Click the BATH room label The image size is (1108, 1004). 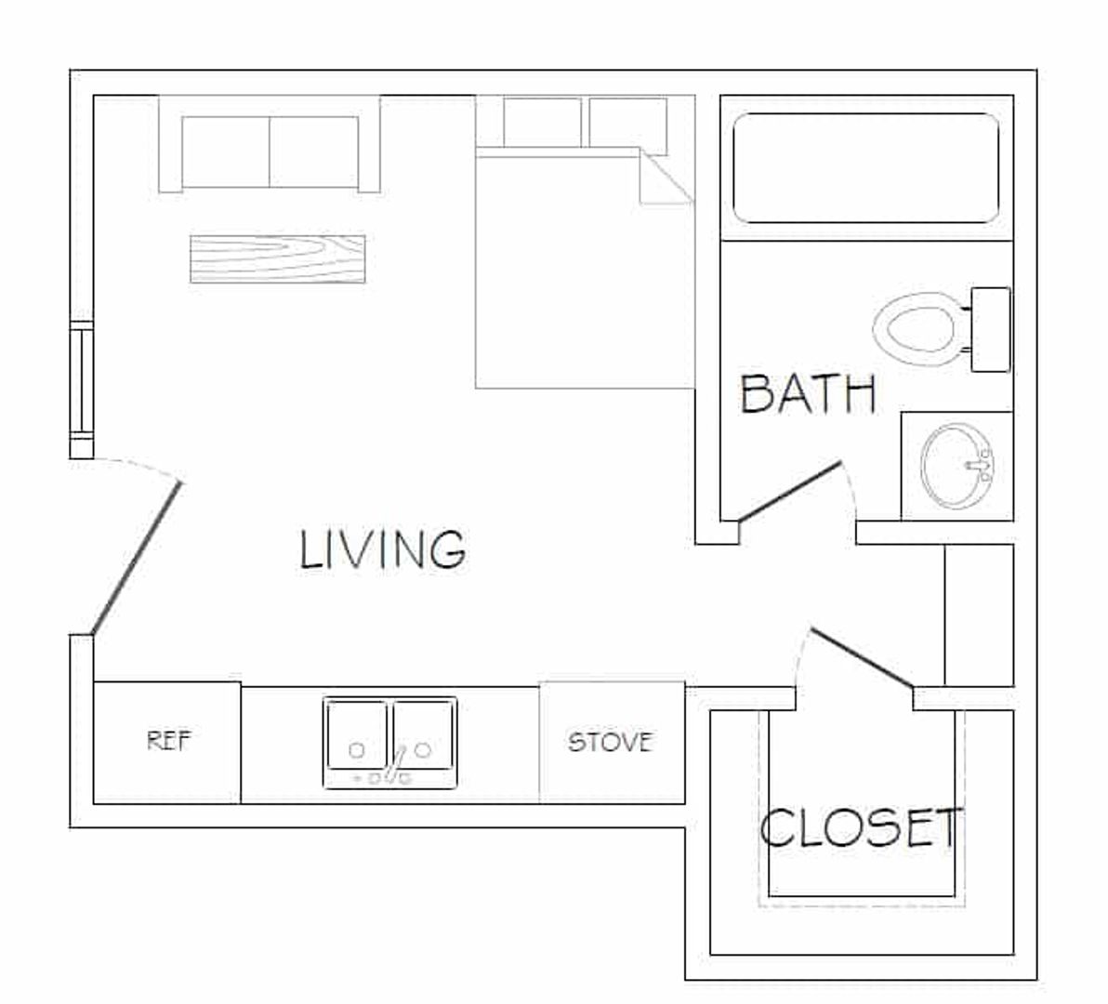(x=809, y=393)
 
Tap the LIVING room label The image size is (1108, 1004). (x=383, y=549)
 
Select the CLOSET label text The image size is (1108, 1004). (x=861, y=827)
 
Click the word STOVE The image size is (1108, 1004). (x=610, y=742)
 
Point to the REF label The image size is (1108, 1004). (x=168, y=741)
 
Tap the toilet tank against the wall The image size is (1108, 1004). (x=990, y=329)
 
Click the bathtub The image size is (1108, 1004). (x=866, y=168)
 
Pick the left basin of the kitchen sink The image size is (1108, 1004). (x=356, y=734)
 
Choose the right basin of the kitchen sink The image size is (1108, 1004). (x=423, y=734)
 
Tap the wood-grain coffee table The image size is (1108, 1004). (x=278, y=259)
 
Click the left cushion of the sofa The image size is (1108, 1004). (x=226, y=152)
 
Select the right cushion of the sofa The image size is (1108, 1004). (x=314, y=152)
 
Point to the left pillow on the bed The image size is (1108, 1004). (x=542, y=122)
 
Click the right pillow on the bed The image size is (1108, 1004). (x=628, y=125)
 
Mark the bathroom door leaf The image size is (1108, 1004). (x=790, y=493)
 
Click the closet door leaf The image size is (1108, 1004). (x=862, y=657)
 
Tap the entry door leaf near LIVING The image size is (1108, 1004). (x=137, y=558)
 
